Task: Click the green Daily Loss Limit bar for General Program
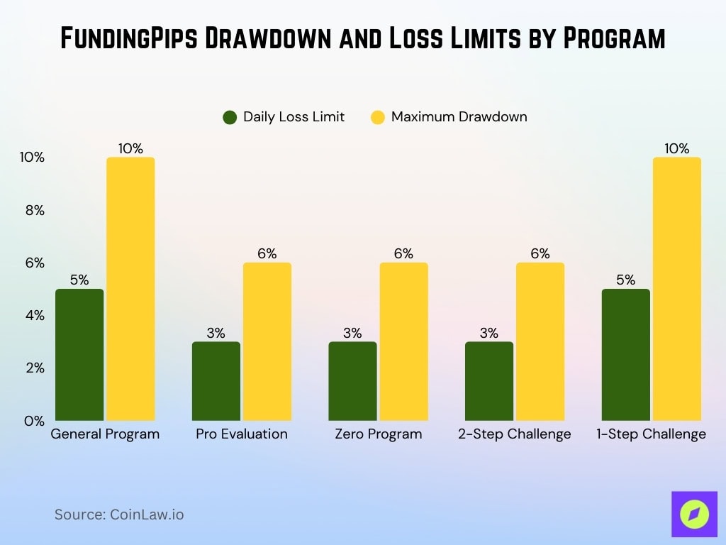(x=79, y=354)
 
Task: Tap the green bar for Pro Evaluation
(x=216, y=381)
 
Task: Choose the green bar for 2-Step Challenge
(x=489, y=381)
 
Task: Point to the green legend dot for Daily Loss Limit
(x=230, y=117)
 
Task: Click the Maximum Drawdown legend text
(x=459, y=117)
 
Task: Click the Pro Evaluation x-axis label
(x=242, y=434)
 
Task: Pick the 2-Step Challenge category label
(x=514, y=434)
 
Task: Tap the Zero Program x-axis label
(x=378, y=434)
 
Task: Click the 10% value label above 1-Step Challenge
(x=676, y=148)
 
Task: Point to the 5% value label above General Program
(x=79, y=280)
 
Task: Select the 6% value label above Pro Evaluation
(x=267, y=253)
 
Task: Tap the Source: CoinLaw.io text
(x=119, y=514)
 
